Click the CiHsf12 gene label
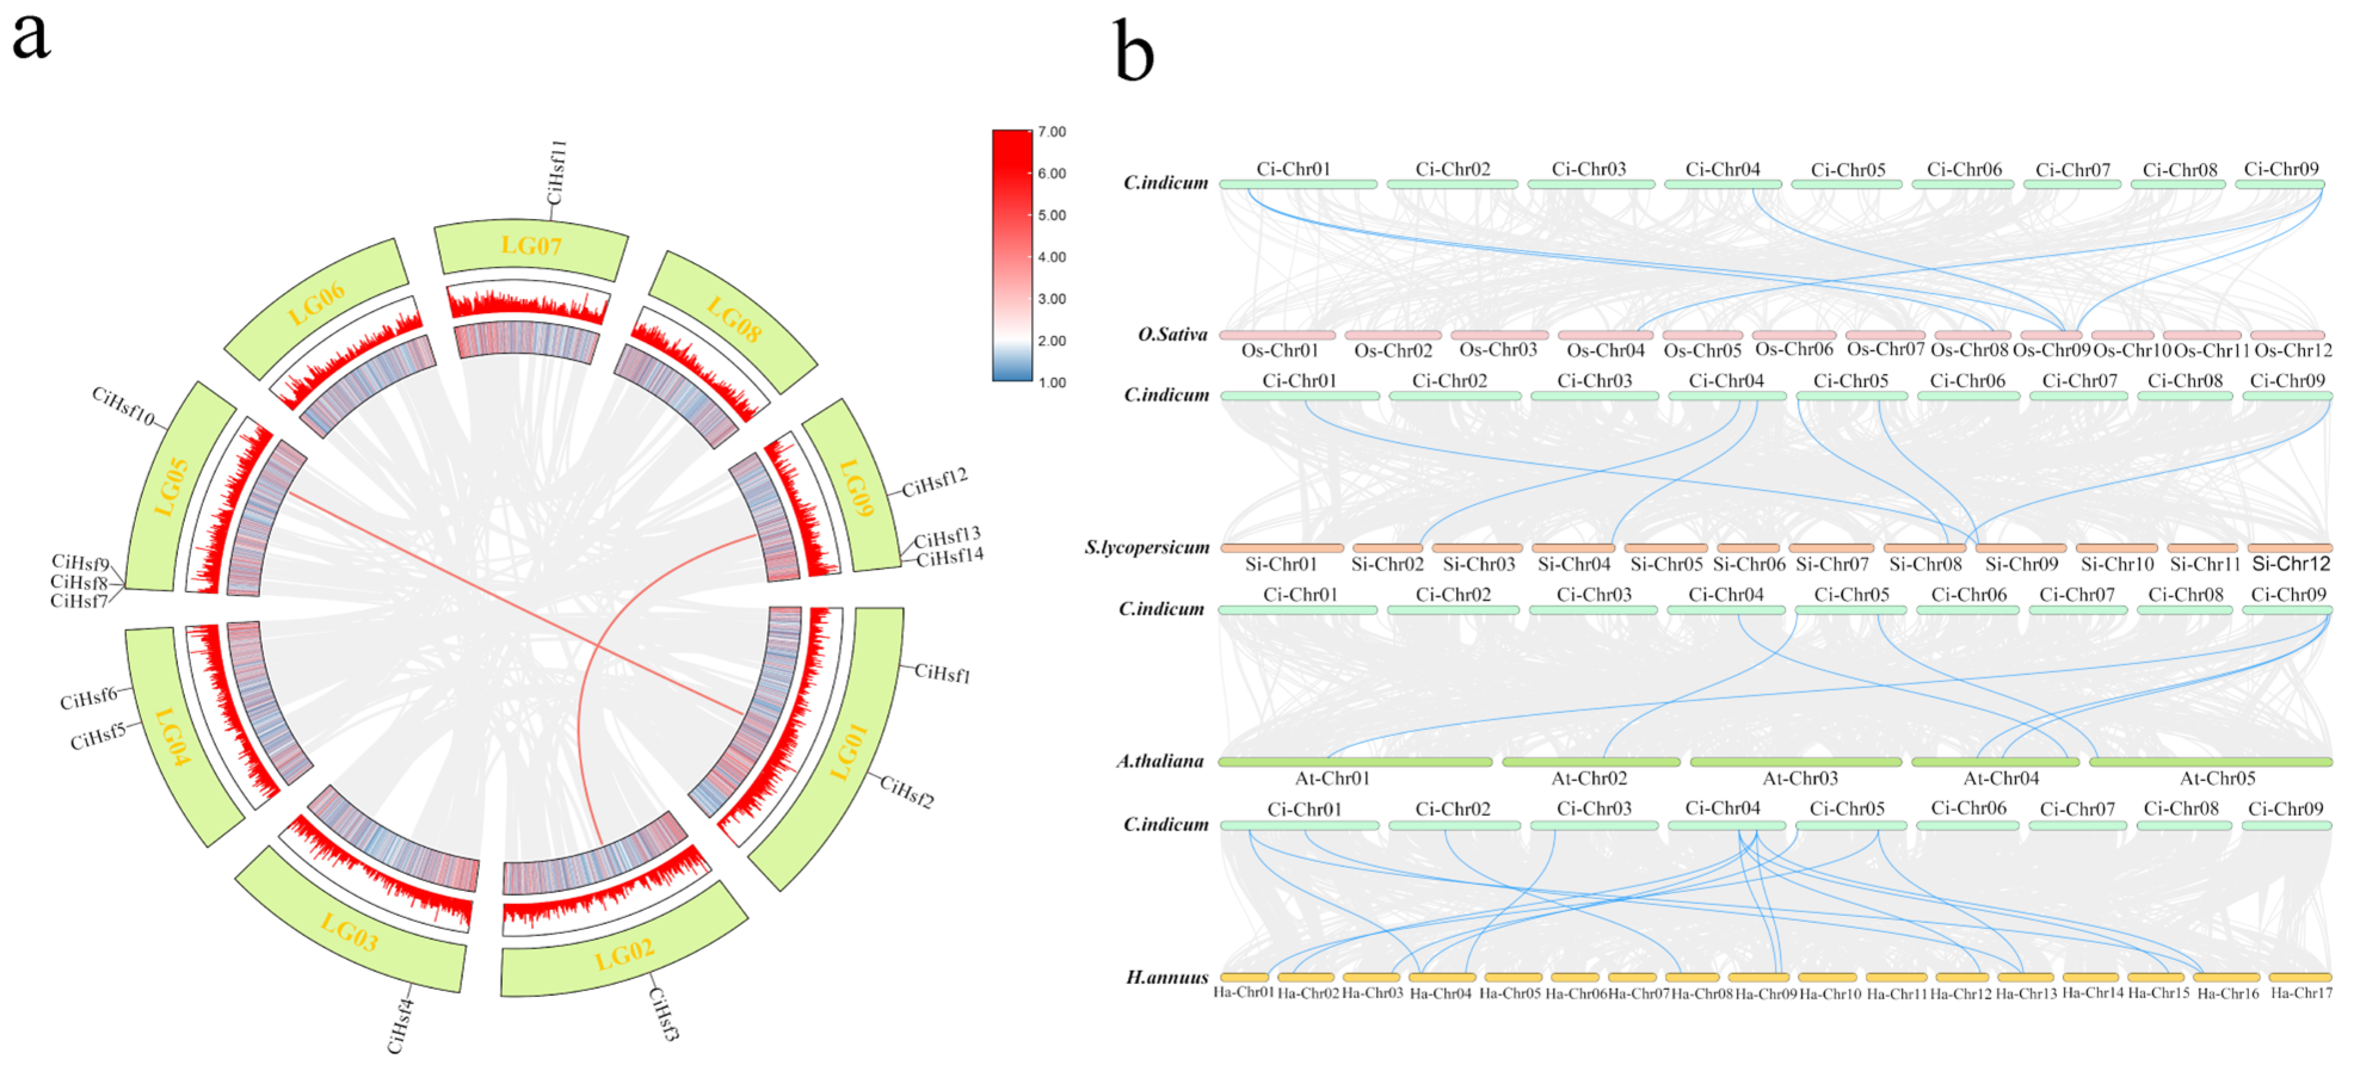pos(934,482)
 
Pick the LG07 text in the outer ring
pos(531,246)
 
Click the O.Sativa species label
pos(1173,335)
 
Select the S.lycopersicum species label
pos(1147,547)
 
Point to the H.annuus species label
pos(1167,977)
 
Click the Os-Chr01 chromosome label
pos(1279,351)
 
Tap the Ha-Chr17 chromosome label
pos(2301,993)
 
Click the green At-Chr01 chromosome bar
pos(1355,762)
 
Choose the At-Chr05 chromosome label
pos(2217,778)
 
